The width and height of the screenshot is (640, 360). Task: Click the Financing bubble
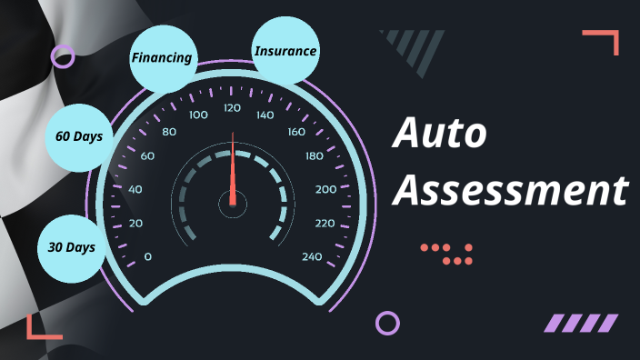click(x=163, y=57)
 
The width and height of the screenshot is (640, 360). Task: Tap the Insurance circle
click(x=285, y=51)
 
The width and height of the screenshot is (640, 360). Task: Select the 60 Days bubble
click(x=78, y=137)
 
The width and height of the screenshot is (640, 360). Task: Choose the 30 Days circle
click(x=71, y=247)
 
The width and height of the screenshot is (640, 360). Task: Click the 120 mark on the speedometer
click(x=232, y=108)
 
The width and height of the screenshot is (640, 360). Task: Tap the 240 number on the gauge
click(x=312, y=256)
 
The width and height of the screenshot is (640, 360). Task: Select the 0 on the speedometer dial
click(x=148, y=256)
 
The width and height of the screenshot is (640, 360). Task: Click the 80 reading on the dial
click(x=168, y=132)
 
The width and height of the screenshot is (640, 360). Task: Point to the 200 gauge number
click(x=325, y=189)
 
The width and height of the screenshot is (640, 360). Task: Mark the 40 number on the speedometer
click(x=135, y=189)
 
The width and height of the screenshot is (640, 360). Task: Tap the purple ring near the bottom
click(x=387, y=323)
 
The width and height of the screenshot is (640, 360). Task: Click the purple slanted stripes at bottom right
click(x=581, y=323)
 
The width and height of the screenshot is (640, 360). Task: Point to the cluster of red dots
click(x=447, y=254)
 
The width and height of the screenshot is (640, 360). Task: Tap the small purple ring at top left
click(x=63, y=57)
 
